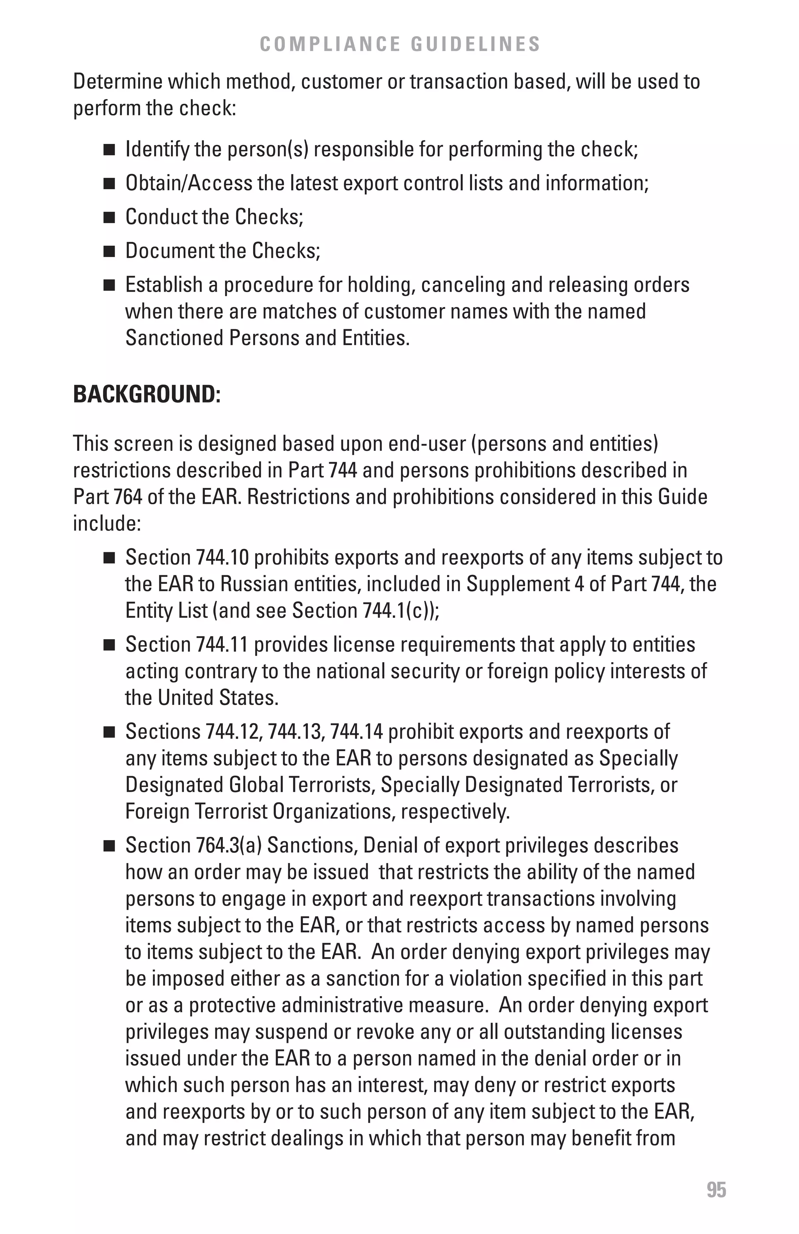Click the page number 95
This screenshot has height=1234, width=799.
pyautogui.click(x=716, y=1190)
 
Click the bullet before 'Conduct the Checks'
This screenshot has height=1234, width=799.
pyautogui.click(x=109, y=218)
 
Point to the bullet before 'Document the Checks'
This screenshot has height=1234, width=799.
pyautogui.click(x=109, y=252)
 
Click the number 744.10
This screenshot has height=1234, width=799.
pyautogui.click(x=223, y=558)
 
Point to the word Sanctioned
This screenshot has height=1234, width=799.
pyautogui.click(x=174, y=338)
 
